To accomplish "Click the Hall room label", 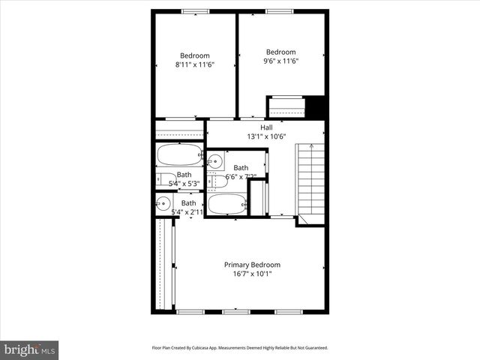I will (x=266, y=127).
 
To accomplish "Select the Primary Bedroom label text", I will (x=253, y=265).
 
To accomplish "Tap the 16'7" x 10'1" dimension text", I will (x=253, y=274).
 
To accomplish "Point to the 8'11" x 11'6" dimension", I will (x=194, y=65).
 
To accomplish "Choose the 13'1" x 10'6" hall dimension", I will (x=266, y=136).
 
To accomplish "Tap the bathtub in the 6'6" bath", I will (x=227, y=203).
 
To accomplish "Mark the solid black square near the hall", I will (x=316, y=106).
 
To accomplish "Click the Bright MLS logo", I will (x=29, y=349).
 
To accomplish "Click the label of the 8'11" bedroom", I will (x=194, y=55).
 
